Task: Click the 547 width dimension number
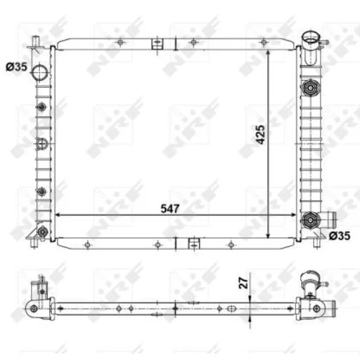tap(170, 209)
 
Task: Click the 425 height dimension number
tap(261, 135)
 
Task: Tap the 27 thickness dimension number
tap(244, 283)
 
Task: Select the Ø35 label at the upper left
tap(17, 67)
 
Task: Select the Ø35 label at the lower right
tap(340, 236)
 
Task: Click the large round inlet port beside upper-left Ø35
tap(40, 72)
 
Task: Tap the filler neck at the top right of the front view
tap(311, 48)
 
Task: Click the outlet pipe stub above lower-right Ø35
tap(330, 220)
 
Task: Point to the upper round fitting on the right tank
tap(311, 88)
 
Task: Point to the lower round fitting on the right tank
tap(311, 220)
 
